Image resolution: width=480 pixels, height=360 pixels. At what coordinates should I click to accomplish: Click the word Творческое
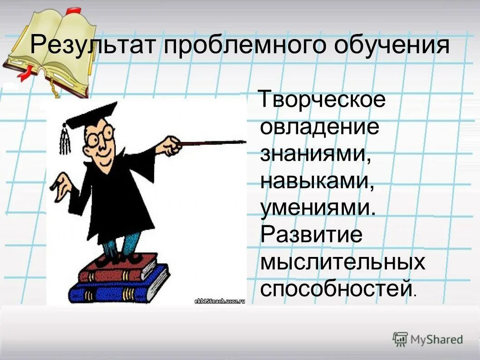(x=323, y=100)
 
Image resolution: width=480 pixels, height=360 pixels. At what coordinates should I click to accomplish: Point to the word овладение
(x=319, y=127)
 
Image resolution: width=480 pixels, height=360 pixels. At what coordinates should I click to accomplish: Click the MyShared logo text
(x=436, y=339)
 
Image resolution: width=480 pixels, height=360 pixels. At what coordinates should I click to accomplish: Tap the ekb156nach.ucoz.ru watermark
(x=219, y=300)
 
